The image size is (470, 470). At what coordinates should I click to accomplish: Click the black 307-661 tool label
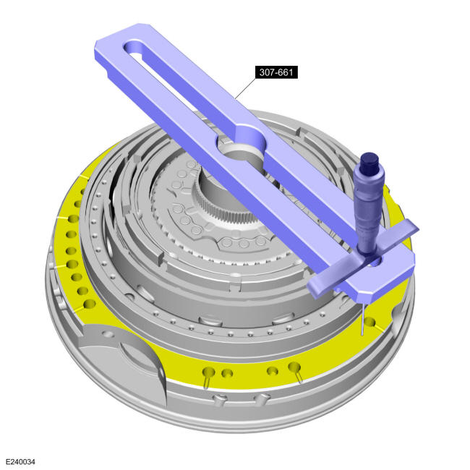point(276,72)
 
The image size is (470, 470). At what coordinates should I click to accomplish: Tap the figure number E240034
point(20,461)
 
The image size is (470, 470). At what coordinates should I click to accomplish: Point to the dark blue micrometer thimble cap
point(369,161)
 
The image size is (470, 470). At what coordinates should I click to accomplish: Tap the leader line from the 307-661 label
point(246,87)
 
